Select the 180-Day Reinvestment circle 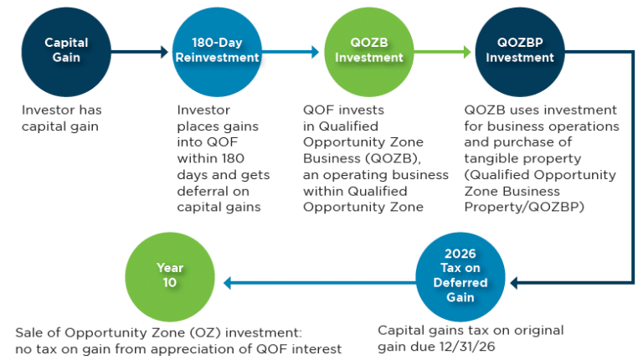coord(206,50)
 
